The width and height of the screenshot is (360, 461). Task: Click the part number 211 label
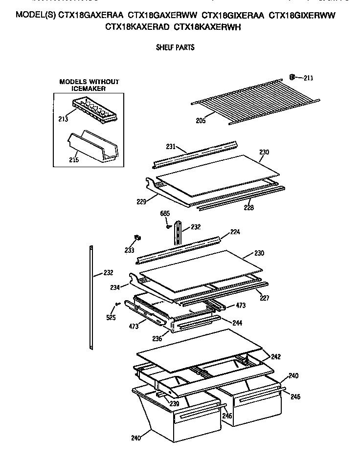pyautogui.click(x=308, y=78)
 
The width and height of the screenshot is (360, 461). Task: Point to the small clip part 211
pyautogui.click(x=293, y=76)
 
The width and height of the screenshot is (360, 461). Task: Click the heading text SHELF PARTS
pyautogui.click(x=175, y=47)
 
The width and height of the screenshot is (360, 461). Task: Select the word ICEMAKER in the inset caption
pyautogui.click(x=89, y=89)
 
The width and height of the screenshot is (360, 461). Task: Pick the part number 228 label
pyautogui.click(x=248, y=207)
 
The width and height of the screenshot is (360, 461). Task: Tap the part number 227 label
pyautogui.click(x=264, y=297)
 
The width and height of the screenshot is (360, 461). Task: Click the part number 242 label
pyautogui.click(x=276, y=356)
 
